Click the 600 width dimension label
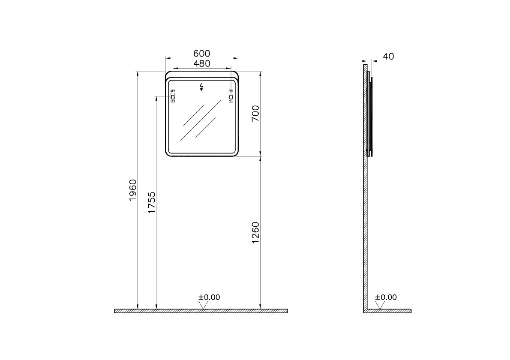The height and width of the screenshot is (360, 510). click(202, 53)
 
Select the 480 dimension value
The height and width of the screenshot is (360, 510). click(202, 64)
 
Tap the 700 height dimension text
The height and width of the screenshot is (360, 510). click(256, 113)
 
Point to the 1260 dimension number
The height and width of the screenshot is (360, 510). click(256, 233)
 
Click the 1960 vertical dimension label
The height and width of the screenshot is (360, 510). click(133, 190)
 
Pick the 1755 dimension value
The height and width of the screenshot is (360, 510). click(152, 203)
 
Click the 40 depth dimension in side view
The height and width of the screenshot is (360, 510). click(388, 56)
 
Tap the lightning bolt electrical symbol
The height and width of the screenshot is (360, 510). click(201, 87)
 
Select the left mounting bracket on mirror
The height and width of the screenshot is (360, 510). click(173, 96)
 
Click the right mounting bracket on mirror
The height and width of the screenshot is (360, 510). click(231, 96)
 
